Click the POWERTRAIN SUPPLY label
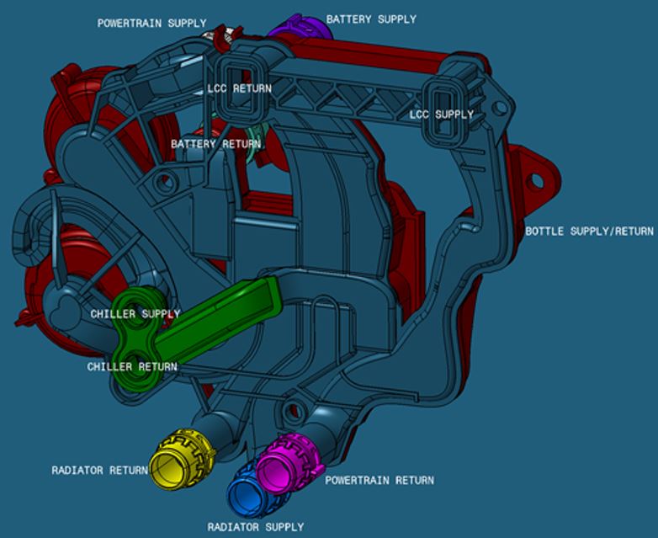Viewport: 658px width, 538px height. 151,23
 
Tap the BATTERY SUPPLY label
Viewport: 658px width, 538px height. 371,19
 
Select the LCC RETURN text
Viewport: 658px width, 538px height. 240,88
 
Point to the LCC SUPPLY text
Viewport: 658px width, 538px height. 442,114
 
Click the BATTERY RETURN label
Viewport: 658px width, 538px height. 215,144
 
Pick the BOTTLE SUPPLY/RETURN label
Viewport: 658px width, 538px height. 589,231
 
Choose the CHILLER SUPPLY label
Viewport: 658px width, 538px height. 135,314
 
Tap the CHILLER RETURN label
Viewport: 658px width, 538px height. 132,366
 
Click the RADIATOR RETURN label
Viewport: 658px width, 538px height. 99,470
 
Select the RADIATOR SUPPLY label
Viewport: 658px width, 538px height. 256,527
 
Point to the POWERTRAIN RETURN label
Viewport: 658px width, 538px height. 379,480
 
